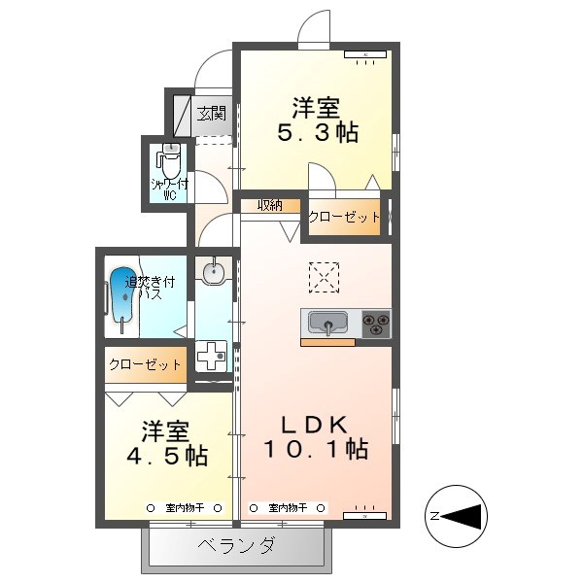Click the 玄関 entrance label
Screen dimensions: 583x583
click(212, 114)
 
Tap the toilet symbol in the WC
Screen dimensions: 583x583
click(169, 160)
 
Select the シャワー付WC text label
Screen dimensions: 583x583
click(168, 188)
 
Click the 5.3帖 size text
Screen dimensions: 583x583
click(318, 133)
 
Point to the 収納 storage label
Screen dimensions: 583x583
click(270, 205)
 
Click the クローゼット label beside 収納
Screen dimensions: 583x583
click(343, 218)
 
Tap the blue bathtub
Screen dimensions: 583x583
click(121, 292)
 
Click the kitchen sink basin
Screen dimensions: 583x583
click(329, 323)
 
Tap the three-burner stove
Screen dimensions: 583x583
click(376, 324)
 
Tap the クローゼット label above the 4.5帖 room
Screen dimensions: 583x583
click(146, 365)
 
